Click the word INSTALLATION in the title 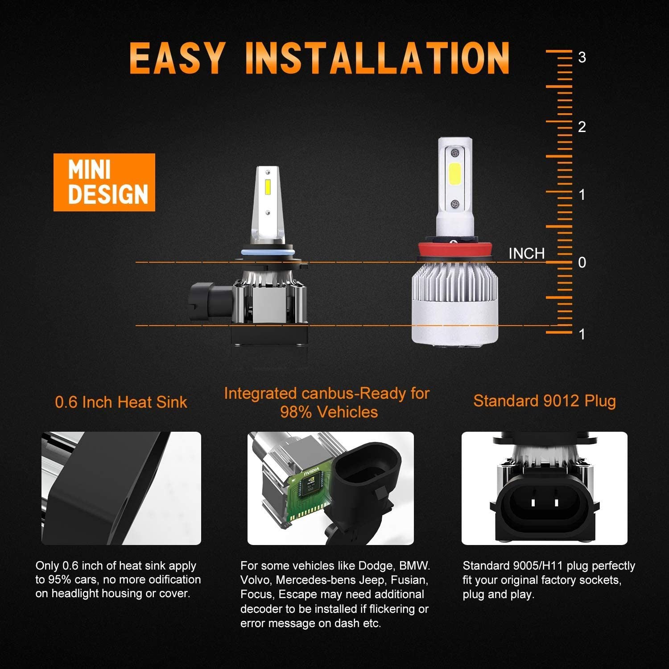tap(377, 58)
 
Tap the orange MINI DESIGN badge tap(104, 182)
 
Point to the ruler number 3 tap(582, 58)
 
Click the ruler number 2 tap(582, 127)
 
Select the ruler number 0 tap(582, 263)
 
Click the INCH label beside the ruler tap(527, 254)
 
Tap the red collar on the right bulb tap(454, 252)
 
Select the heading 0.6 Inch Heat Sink tap(121, 402)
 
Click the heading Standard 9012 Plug tap(545, 401)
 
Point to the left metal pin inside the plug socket tap(533, 503)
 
